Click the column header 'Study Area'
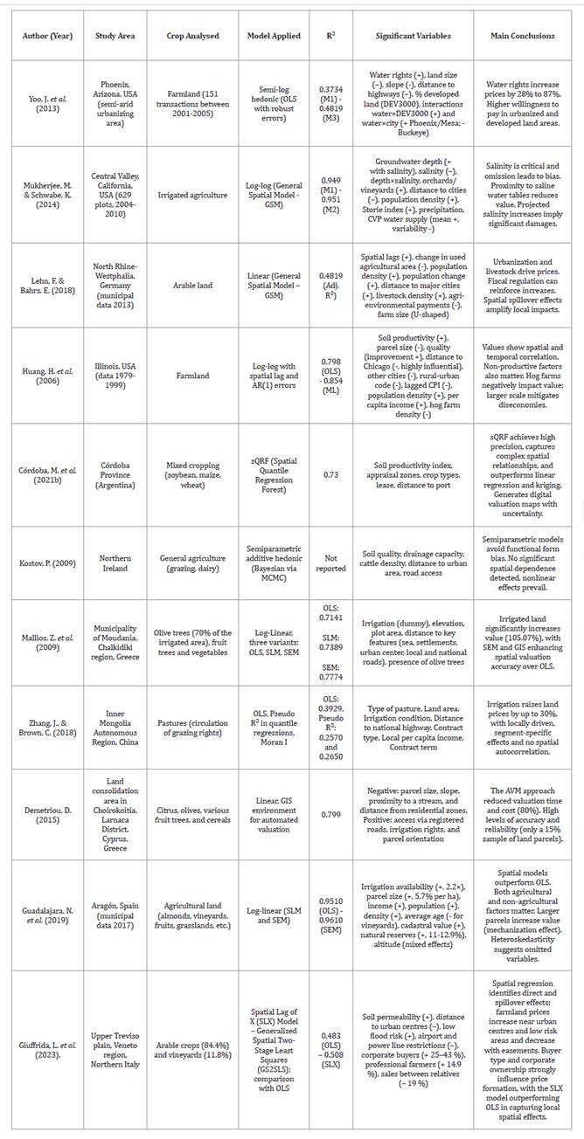[111, 36]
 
